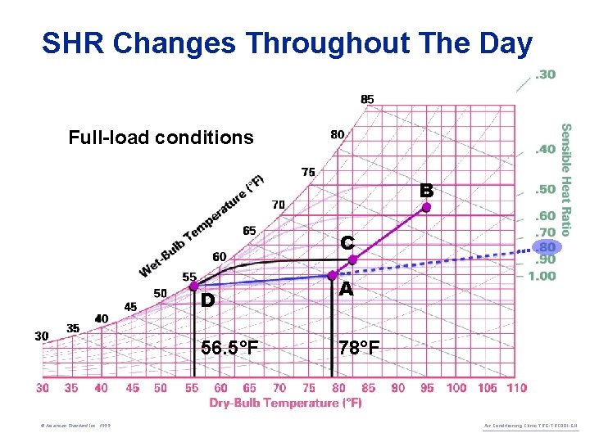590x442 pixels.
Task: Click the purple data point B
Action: tap(426, 208)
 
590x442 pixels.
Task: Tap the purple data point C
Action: tap(352, 259)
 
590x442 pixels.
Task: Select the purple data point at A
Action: tap(333, 276)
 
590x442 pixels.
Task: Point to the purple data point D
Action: tap(193, 286)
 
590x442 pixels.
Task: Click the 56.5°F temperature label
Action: tap(229, 349)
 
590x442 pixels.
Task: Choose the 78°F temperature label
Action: tap(359, 349)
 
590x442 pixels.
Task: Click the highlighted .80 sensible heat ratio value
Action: tap(545, 246)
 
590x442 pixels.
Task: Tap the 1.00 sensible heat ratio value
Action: tap(542, 276)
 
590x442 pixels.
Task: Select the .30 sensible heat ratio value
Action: tap(545, 74)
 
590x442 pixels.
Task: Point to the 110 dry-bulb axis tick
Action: tap(515, 387)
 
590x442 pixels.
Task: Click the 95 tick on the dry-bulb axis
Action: tap(427, 387)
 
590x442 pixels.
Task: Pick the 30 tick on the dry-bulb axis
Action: tap(43, 387)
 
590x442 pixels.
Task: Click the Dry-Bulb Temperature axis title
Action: tap(285, 403)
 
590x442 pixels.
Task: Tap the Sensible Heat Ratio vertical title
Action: tap(565, 179)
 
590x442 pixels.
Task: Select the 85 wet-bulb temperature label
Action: tap(367, 99)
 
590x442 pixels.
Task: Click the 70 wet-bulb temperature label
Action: tap(279, 204)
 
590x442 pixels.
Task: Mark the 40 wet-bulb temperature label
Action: tap(102, 318)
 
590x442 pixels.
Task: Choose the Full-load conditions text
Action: tap(161, 138)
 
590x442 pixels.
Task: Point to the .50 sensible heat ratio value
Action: tap(545, 190)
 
